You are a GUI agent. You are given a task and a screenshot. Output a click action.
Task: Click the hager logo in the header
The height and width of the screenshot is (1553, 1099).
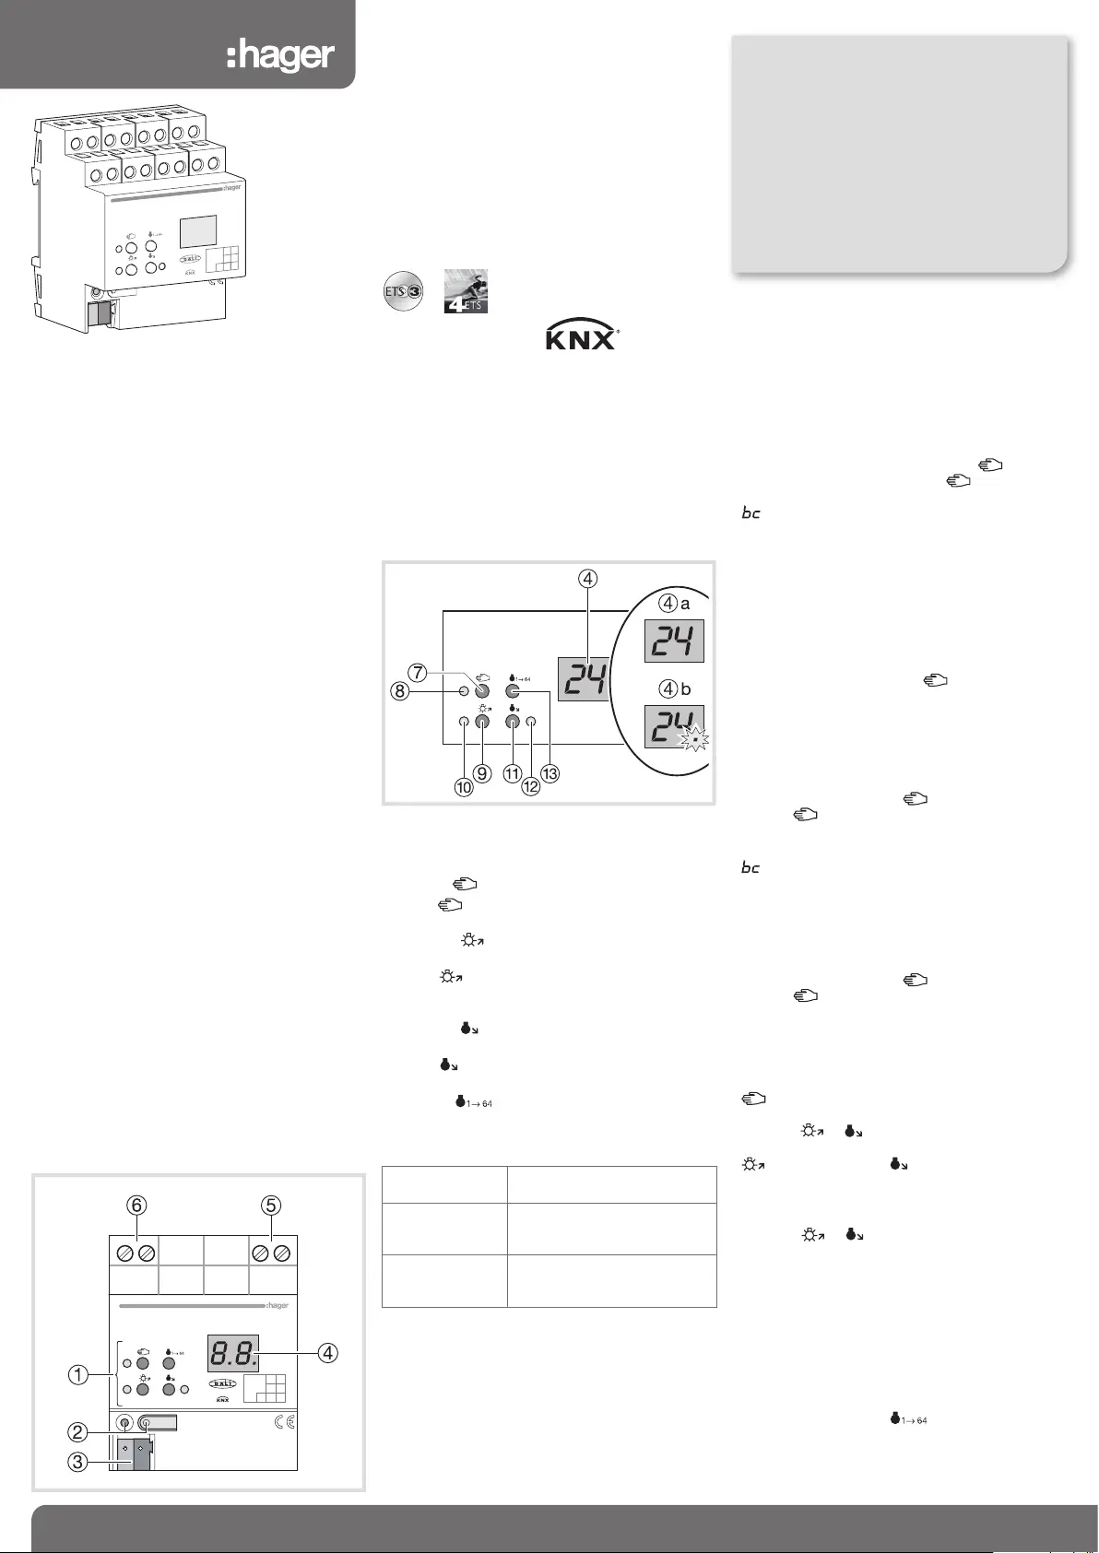click(x=280, y=55)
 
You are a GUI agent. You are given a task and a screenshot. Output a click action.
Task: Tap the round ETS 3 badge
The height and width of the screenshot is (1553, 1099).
click(x=403, y=293)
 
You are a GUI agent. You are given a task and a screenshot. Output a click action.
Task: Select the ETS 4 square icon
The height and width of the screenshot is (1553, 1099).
click(x=466, y=291)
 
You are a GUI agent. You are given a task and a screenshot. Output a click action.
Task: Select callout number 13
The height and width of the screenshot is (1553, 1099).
click(x=549, y=774)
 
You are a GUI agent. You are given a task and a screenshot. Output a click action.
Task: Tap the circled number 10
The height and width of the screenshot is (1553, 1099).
click(x=463, y=787)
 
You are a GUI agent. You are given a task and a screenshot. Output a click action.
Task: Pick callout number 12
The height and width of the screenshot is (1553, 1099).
click(x=531, y=787)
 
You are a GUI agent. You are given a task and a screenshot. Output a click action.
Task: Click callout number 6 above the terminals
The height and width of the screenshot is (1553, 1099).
click(x=138, y=1205)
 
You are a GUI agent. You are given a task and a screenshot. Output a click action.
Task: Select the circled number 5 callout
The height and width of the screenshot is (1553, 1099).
click(x=270, y=1205)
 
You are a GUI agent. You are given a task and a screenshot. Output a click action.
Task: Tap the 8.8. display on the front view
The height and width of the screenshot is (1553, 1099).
click(x=232, y=1353)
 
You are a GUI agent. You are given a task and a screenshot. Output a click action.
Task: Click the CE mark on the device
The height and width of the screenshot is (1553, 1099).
click(x=285, y=1422)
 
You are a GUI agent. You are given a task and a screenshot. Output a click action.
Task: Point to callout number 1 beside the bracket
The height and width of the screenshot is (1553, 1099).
click(x=79, y=1375)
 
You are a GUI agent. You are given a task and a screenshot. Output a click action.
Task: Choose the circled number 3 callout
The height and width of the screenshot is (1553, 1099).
click(x=79, y=1462)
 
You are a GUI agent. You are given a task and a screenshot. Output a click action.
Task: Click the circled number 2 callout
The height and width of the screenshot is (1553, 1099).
click(x=79, y=1432)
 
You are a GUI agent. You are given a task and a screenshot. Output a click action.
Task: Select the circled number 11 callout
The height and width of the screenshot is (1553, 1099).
click(x=513, y=774)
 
